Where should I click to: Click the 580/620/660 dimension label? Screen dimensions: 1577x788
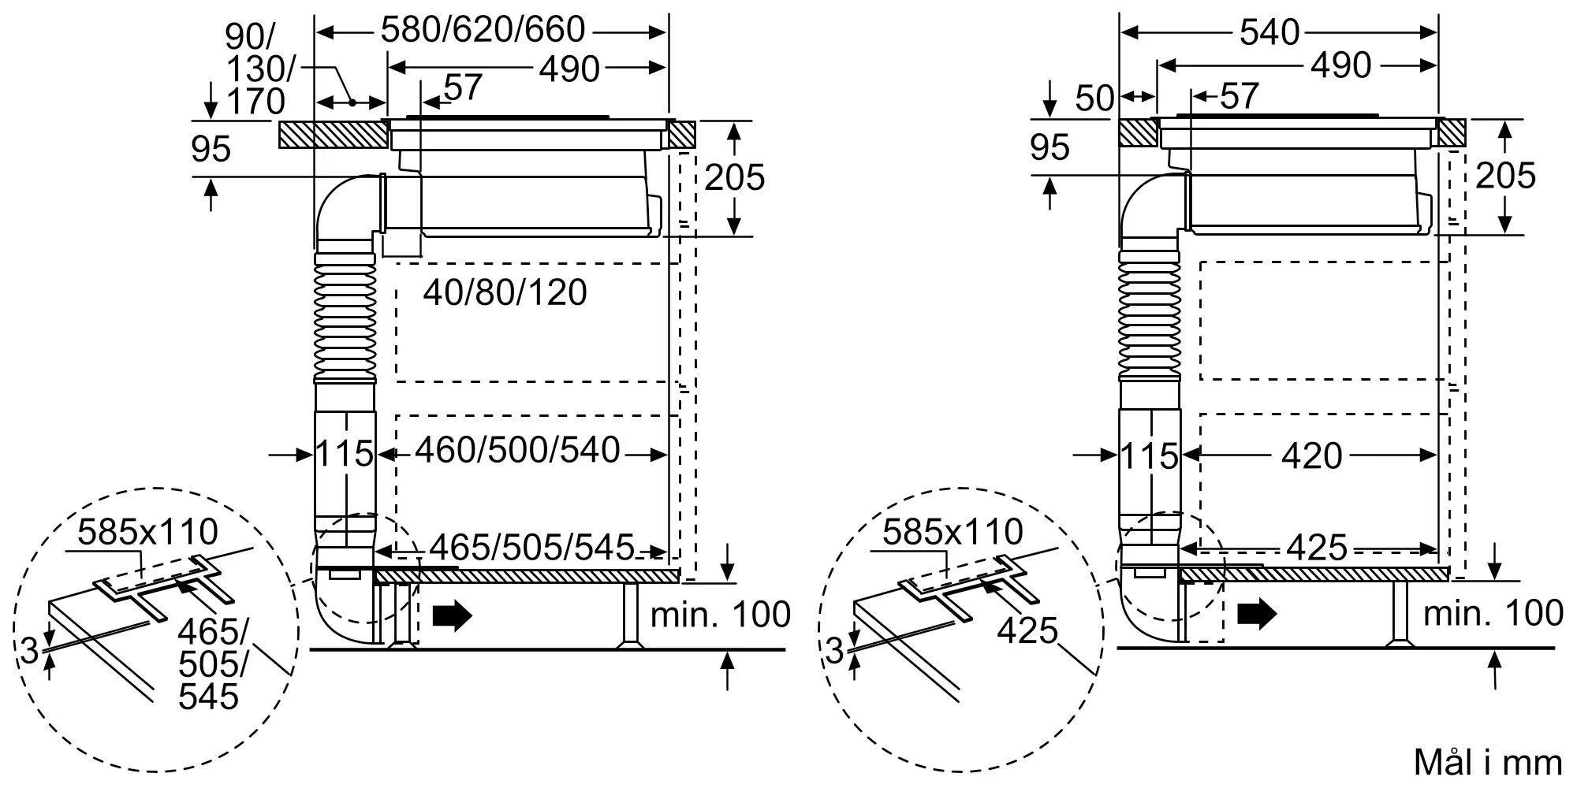tap(483, 30)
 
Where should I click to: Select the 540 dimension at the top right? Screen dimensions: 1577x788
tap(1269, 32)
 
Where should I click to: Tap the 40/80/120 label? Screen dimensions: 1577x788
tap(505, 293)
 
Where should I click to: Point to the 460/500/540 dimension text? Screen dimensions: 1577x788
tap(517, 450)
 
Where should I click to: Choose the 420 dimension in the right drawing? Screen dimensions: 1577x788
tap(1312, 455)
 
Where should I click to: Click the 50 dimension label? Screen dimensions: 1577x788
tap(1094, 98)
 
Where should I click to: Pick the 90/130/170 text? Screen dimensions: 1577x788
tap(255, 69)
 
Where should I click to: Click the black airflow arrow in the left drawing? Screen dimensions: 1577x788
tap(452, 615)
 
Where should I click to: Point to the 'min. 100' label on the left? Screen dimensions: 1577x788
tap(720, 615)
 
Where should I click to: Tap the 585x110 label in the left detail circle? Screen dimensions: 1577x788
tap(148, 533)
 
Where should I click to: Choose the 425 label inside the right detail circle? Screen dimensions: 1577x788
tap(1027, 630)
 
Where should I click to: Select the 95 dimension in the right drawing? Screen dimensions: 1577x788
tap(1049, 148)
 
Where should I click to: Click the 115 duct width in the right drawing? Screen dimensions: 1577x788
tap(1149, 457)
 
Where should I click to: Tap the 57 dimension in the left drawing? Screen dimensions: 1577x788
tap(463, 87)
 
